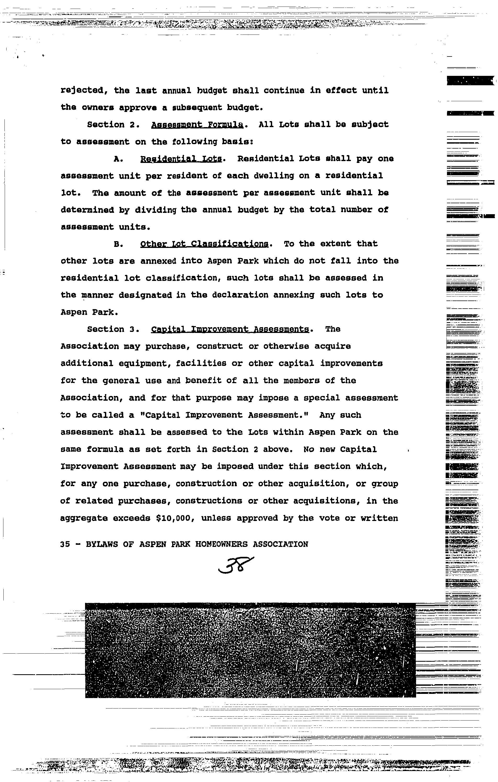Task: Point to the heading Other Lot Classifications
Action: pos(204,244)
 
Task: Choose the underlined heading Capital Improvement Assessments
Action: pos(230,329)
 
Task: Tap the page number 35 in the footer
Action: pos(65,544)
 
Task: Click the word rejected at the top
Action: pos(84,90)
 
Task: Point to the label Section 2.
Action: pos(113,125)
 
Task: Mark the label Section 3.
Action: pos(113,329)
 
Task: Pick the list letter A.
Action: pos(118,159)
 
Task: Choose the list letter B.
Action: pos(118,244)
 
